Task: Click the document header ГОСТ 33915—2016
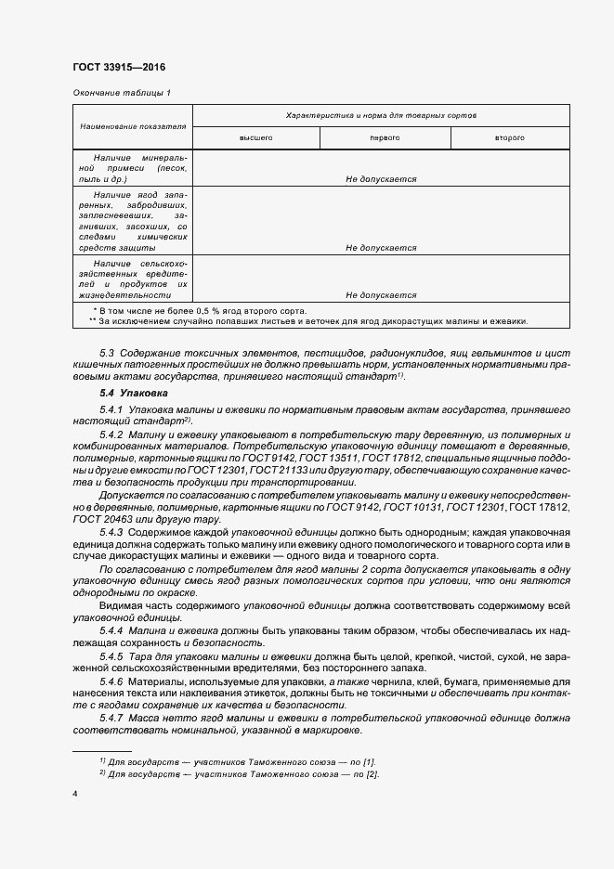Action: (118, 68)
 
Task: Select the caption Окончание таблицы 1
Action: (121, 92)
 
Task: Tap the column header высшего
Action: (255, 137)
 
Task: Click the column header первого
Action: (385, 137)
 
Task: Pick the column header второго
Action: (510, 137)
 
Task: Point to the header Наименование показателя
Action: (133, 125)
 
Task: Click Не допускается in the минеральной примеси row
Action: (381, 179)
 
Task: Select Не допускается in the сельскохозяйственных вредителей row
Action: (381, 294)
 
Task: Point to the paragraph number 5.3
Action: (106, 355)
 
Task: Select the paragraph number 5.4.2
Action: (111, 434)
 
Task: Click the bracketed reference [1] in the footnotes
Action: (368, 761)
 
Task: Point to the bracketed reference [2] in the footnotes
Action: (372, 774)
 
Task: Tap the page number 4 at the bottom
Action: (75, 795)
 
